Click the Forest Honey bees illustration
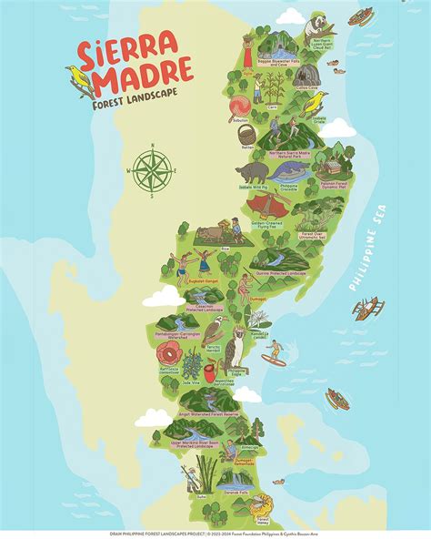pyautogui.click(x=260, y=502)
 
